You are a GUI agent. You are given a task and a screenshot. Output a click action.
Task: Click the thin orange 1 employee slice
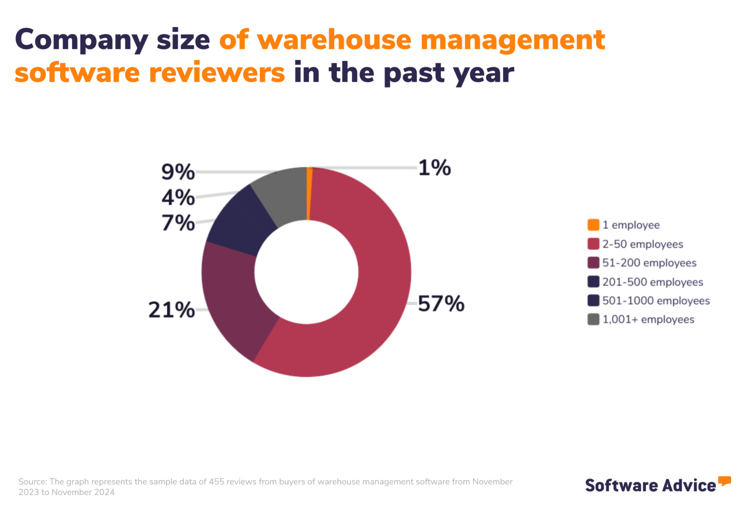309,194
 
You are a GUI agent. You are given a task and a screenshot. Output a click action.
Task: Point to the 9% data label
178,172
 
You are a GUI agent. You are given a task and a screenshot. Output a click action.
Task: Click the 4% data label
178,198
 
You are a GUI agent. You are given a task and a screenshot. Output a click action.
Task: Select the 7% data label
178,223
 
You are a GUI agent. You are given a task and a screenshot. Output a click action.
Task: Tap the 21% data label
171,310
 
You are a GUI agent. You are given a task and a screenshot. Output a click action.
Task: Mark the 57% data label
441,304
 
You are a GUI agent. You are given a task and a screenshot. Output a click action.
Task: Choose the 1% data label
435,168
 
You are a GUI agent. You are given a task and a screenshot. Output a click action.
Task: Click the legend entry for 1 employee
631,225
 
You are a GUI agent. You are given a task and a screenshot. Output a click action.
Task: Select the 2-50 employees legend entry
643,244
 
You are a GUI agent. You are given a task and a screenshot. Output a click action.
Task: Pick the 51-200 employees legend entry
649,263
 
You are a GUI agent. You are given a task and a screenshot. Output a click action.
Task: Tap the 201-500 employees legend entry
652,282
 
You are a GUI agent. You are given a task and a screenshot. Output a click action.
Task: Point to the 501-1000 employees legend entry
656,301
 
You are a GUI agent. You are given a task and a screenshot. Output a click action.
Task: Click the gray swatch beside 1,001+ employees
593,320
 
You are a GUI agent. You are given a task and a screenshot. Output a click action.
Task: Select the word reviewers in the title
217,73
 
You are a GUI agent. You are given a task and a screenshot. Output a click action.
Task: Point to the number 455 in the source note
217,482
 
